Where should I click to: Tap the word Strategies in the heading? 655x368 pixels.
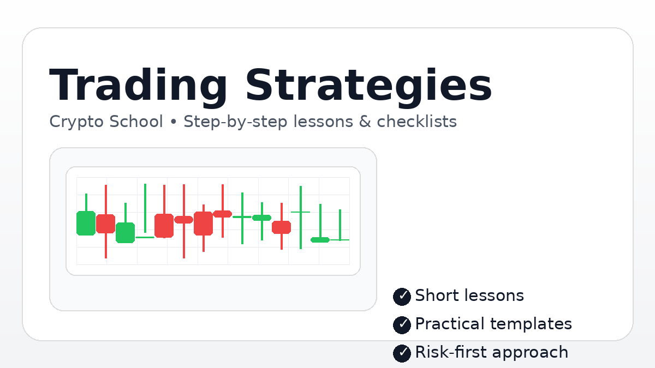pyautogui.click(x=368, y=86)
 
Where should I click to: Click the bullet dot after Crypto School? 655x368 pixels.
pyautogui.click(x=174, y=122)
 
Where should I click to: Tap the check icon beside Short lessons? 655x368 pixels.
pyautogui.click(x=402, y=297)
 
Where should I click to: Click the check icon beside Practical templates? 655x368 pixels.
pyautogui.click(x=402, y=325)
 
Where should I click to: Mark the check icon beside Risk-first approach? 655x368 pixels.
pyautogui.click(x=402, y=353)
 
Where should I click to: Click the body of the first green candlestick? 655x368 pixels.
pyautogui.click(x=86, y=223)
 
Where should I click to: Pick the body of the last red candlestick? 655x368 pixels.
pyautogui.click(x=282, y=227)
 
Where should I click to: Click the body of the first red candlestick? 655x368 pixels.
pyautogui.click(x=105, y=224)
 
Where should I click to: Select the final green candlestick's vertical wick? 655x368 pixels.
pyautogui.click(x=340, y=224)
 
